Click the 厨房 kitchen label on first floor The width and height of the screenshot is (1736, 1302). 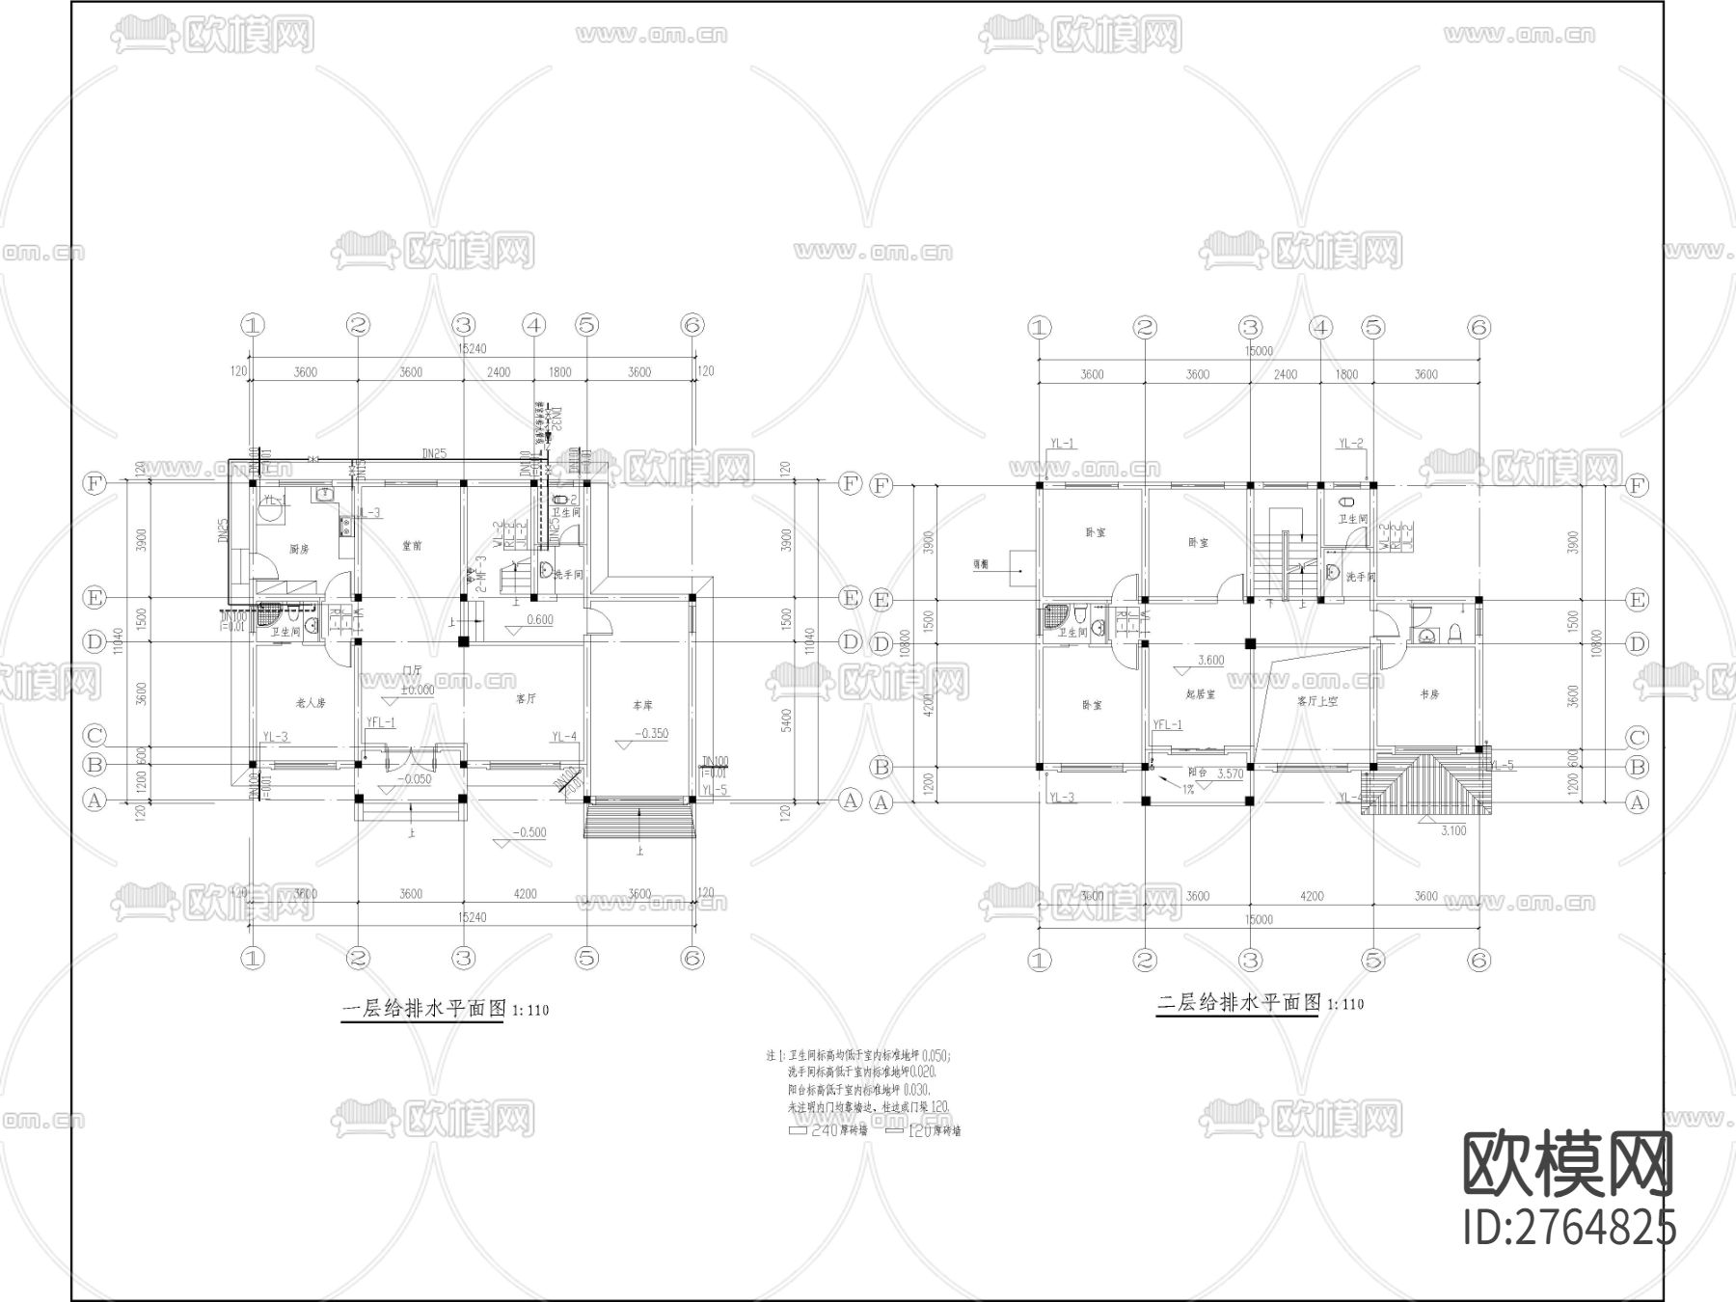coord(299,549)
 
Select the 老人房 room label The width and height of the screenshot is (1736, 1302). coord(311,703)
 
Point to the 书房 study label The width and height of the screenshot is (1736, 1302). coord(1430,694)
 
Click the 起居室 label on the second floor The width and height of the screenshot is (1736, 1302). coord(1201,693)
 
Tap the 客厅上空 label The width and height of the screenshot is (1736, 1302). coord(1318,701)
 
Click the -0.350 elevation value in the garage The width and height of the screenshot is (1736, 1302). coord(651,734)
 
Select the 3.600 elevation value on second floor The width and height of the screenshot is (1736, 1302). coord(1210,661)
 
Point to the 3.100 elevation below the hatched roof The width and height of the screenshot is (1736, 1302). coord(1453,830)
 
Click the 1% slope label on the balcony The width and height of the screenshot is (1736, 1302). coord(1189,789)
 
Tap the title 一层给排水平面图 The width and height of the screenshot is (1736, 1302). coord(424,1010)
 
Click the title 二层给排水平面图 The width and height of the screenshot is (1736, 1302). coord(1238,1003)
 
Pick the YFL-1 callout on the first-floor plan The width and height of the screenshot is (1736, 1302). coord(381,722)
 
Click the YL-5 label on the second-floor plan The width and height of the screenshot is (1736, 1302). coord(1502,765)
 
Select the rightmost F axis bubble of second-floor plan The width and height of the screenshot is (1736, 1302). coord(1637,486)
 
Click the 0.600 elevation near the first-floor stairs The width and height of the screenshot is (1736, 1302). coord(539,620)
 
